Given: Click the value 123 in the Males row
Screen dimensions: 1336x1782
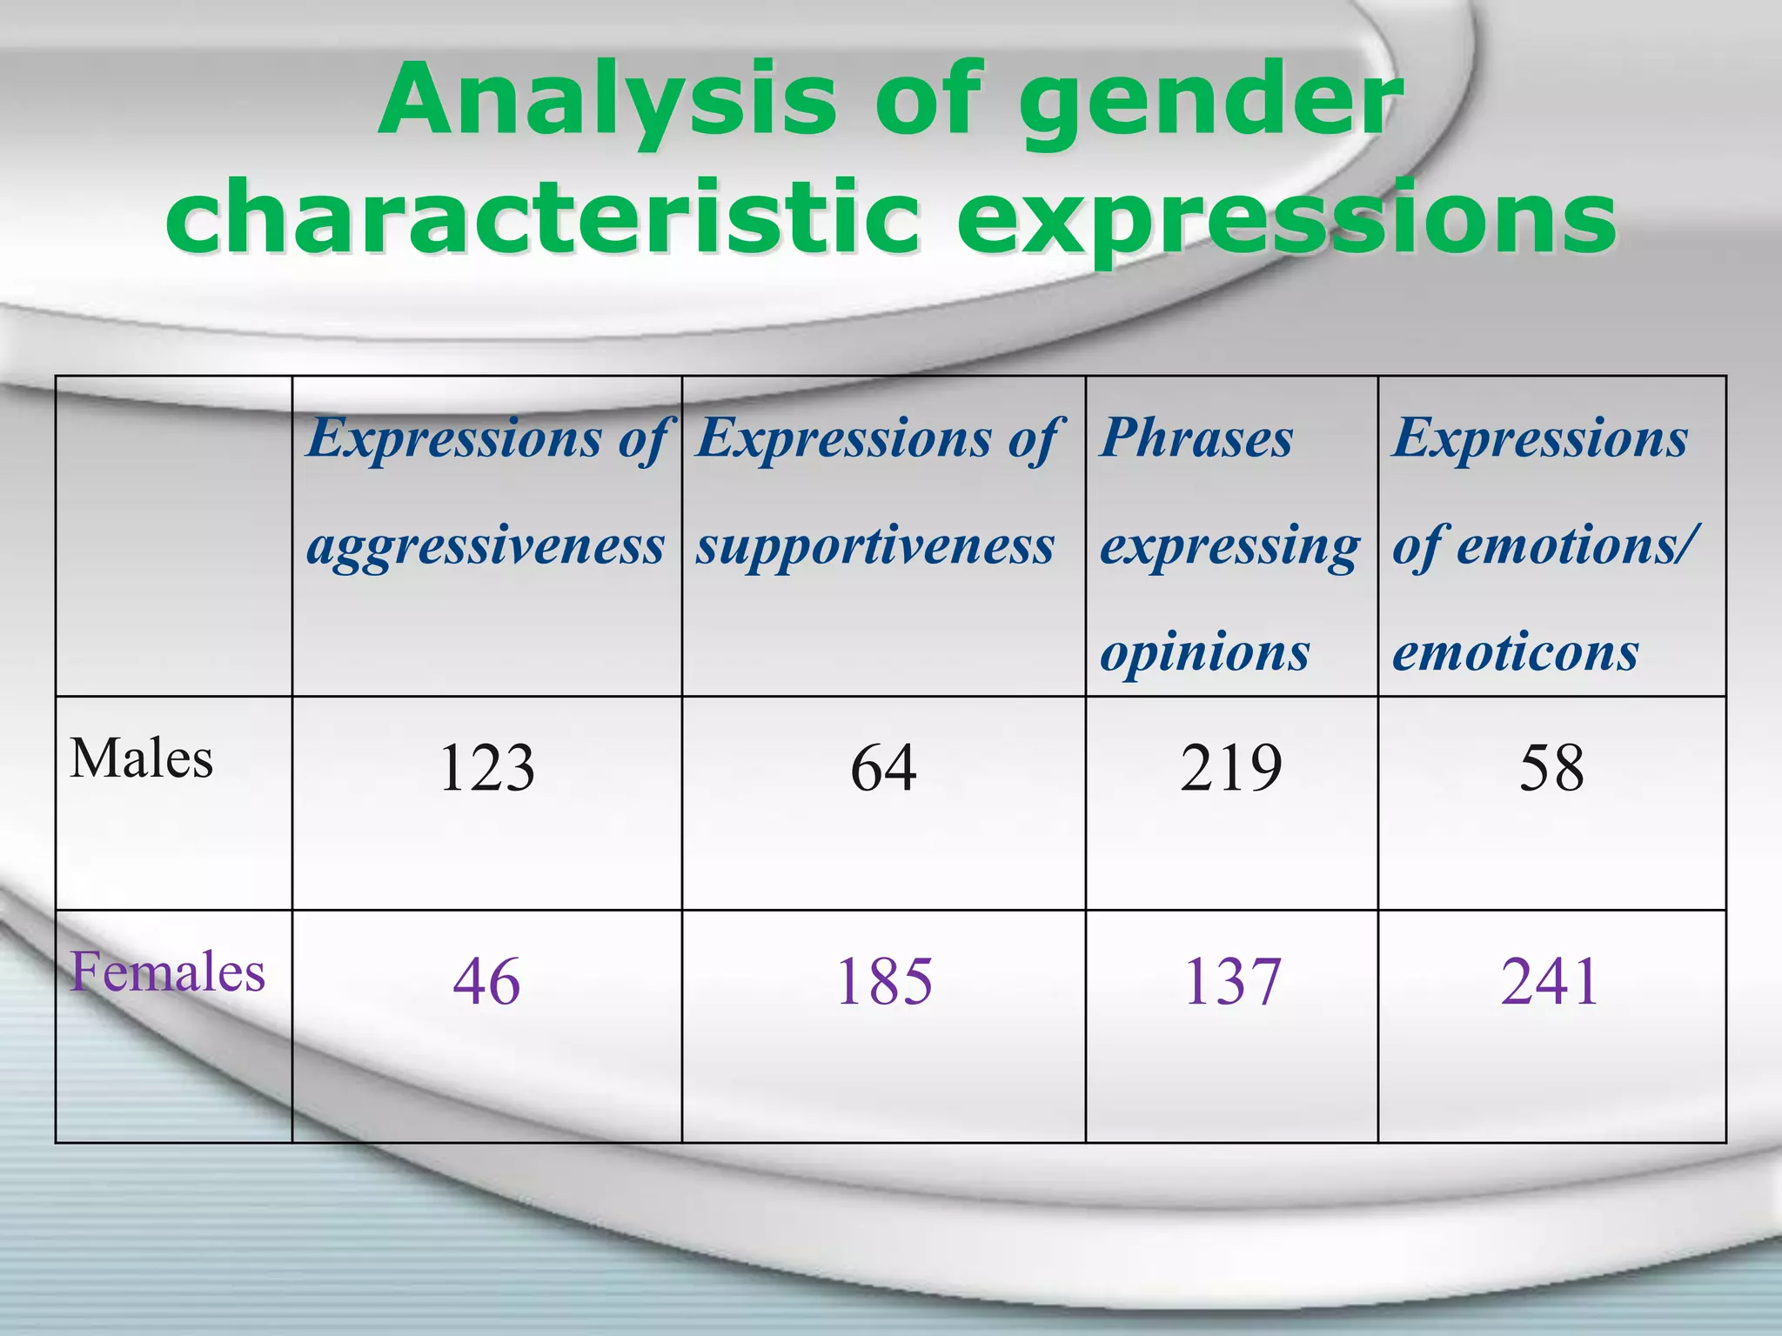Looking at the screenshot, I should (x=486, y=768).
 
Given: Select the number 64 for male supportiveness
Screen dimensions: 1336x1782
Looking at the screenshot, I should (x=883, y=768).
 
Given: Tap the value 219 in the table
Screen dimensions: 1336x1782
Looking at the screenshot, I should (x=1231, y=768).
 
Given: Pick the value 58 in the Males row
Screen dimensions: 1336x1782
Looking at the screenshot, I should (x=1551, y=768).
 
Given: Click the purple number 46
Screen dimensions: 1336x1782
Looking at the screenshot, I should (x=486, y=982).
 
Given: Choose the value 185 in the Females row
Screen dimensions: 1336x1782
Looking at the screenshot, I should (x=884, y=982).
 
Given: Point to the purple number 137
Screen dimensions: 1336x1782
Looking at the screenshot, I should (x=1231, y=982).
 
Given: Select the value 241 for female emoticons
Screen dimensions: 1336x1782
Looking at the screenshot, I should (x=1551, y=982).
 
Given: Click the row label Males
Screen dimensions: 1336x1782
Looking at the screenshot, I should (x=141, y=758).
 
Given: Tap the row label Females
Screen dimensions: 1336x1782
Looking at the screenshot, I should (x=167, y=972).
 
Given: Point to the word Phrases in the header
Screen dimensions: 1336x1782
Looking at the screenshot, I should (x=1196, y=438).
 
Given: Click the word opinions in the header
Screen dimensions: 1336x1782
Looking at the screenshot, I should (x=1204, y=652).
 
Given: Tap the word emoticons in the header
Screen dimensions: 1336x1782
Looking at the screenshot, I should (x=1515, y=652).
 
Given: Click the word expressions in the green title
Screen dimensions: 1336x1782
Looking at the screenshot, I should (x=1286, y=219).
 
